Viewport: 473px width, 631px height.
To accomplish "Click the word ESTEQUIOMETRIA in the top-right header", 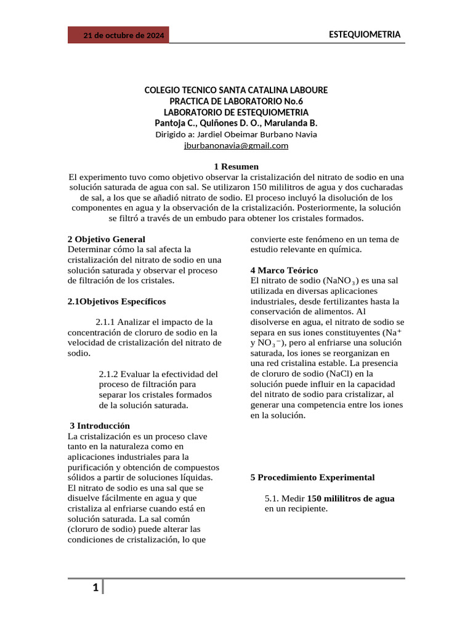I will pyautogui.click(x=365, y=35).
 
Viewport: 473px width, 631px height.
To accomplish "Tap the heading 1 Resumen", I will pyautogui.click(x=236, y=167).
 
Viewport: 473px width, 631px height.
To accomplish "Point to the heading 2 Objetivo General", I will pyautogui.click(x=106, y=239).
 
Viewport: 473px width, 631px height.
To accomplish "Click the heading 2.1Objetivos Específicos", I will pyautogui.click(x=116, y=301).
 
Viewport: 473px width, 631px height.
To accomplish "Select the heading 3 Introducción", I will pyautogui.click(x=100, y=426).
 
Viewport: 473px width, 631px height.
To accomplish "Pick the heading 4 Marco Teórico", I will pyautogui.click(x=284, y=271).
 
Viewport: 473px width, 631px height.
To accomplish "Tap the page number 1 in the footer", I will pyautogui.click(x=95, y=588).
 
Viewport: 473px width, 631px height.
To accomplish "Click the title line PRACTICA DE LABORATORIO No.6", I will pyautogui.click(x=236, y=101).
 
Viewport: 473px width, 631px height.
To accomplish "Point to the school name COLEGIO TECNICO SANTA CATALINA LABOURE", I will pyautogui.click(x=236, y=90).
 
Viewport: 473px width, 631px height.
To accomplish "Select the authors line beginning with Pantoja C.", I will pyautogui.click(x=236, y=123).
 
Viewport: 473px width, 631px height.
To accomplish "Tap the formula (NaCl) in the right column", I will pyautogui.click(x=343, y=373).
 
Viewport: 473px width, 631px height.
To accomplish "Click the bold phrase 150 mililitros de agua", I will pyautogui.click(x=351, y=499).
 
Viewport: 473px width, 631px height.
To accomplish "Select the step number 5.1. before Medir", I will pyautogui.click(x=273, y=499).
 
